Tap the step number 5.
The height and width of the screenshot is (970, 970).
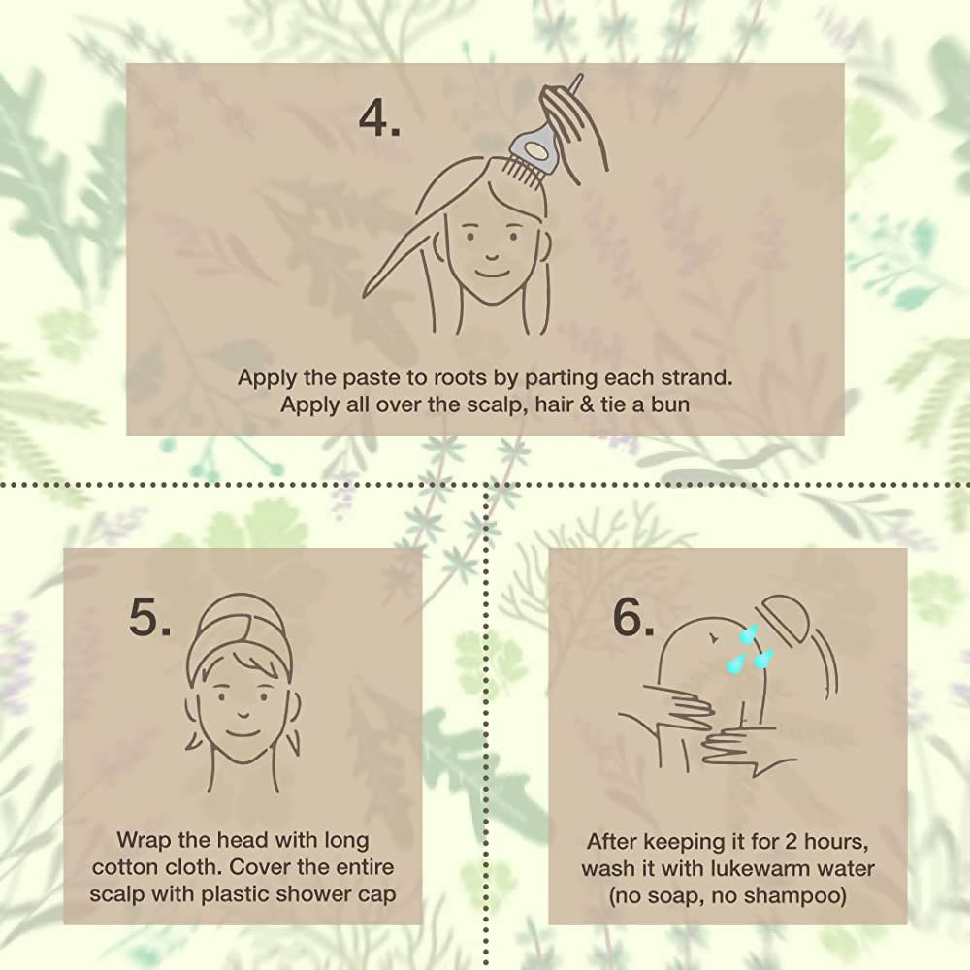pos(149,617)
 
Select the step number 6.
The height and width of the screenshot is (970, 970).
pos(633,617)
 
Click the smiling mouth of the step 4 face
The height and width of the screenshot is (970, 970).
pos(490,273)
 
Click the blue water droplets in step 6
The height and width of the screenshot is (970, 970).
pos(750,649)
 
